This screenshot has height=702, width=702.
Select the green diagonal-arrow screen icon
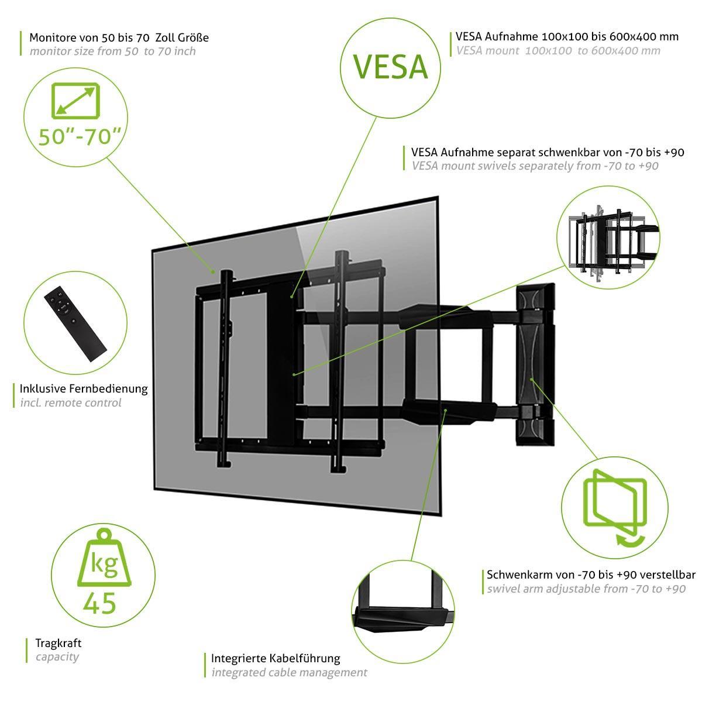tap(74, 101)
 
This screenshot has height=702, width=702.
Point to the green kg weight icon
tap(104, 559)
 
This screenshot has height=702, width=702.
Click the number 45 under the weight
tap(99, 603)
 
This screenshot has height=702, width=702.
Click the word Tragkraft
tap(58, 643)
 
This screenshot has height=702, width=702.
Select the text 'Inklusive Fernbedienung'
tap(84, 388)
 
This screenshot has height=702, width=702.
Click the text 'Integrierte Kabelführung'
tap(276, 658)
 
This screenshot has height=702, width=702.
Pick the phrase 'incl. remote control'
tap(71, 402)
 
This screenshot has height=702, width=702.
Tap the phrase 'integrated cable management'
tap(289, 672)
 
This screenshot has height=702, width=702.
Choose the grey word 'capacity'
tap(57, 656)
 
